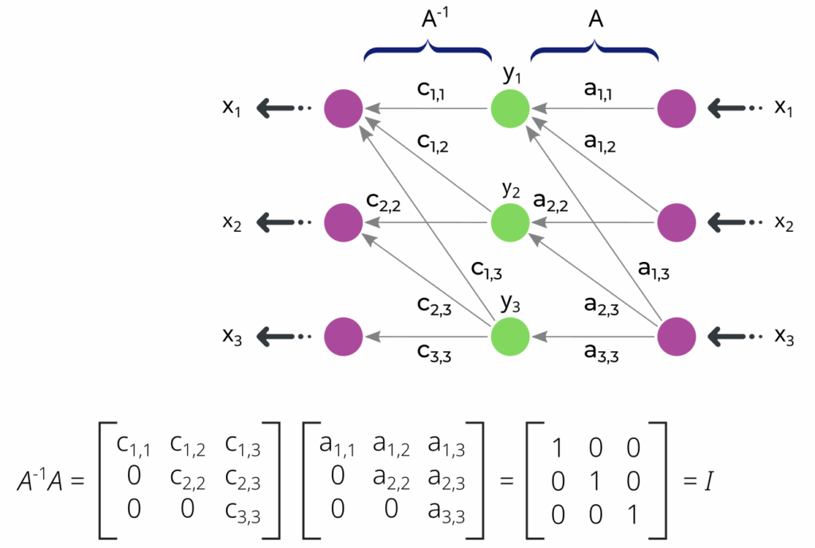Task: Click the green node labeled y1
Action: point(509,109)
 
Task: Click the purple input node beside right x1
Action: point(677,109)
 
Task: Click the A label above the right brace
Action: point(595,21)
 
